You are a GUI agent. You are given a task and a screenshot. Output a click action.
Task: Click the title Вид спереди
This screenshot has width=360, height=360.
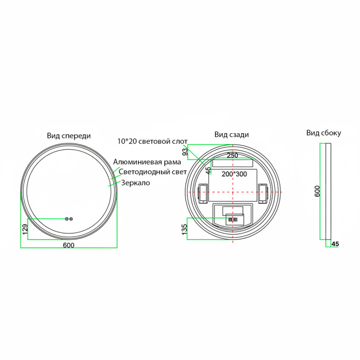[69, 136]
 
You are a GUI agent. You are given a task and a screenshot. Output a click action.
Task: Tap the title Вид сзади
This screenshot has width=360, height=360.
[232, 134]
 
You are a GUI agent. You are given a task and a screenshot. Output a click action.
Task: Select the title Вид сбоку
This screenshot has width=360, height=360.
[324, 133]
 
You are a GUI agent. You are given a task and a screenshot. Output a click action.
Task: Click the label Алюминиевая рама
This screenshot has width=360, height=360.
[147, 162]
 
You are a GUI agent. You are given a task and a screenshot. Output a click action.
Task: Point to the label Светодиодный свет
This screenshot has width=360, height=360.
[153, 172]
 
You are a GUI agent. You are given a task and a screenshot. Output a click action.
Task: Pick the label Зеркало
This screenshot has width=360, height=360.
[136, 183]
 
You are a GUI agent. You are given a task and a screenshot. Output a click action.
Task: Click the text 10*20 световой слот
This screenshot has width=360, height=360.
[152, 141]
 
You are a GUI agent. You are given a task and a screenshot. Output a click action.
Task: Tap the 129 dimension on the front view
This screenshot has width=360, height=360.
[25, 229]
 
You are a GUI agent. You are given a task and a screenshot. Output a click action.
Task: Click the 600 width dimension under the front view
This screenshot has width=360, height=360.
[69, 245]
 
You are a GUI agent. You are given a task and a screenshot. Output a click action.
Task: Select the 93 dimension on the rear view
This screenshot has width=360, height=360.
[185, 152]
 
